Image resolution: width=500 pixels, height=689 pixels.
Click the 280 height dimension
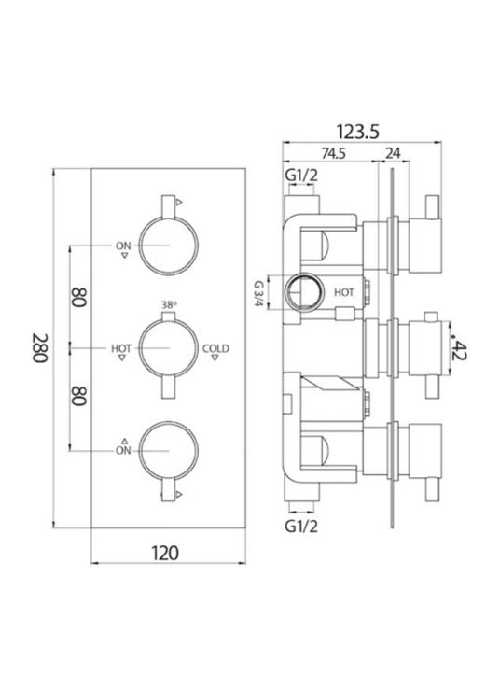[x=40, y=348]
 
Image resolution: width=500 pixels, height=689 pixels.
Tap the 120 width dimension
[x=165, y=553]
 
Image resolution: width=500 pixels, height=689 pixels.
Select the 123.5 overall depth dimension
[x=358, y=132]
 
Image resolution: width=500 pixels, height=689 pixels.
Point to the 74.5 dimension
[x=334, y=153]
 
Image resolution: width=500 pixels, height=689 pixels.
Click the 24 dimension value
[x=393, y=153]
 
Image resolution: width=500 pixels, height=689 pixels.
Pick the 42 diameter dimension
[x=458, y=349]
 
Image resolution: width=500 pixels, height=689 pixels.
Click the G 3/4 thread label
[x=259, y=293]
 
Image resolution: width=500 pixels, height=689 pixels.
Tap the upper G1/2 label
[x=301, y=176]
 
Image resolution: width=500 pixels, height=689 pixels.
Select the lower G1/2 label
[x=301, y=526]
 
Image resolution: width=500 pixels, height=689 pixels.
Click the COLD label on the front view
[x=215, y=348]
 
